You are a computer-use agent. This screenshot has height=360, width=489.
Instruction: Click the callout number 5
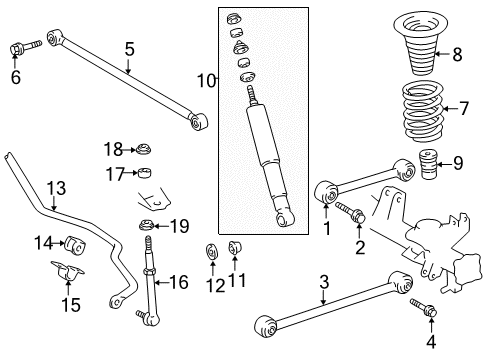[129, 48]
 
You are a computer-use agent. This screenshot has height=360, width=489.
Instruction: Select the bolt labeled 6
[20, 46]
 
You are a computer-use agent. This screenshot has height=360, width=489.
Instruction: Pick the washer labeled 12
[212, 251]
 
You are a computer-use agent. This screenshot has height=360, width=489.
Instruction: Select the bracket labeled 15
[68, 274]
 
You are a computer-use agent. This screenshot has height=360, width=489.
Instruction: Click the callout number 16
[179, 283]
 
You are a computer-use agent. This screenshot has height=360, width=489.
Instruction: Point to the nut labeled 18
[144, 149]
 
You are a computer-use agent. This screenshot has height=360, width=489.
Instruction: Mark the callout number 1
[326, 228]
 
